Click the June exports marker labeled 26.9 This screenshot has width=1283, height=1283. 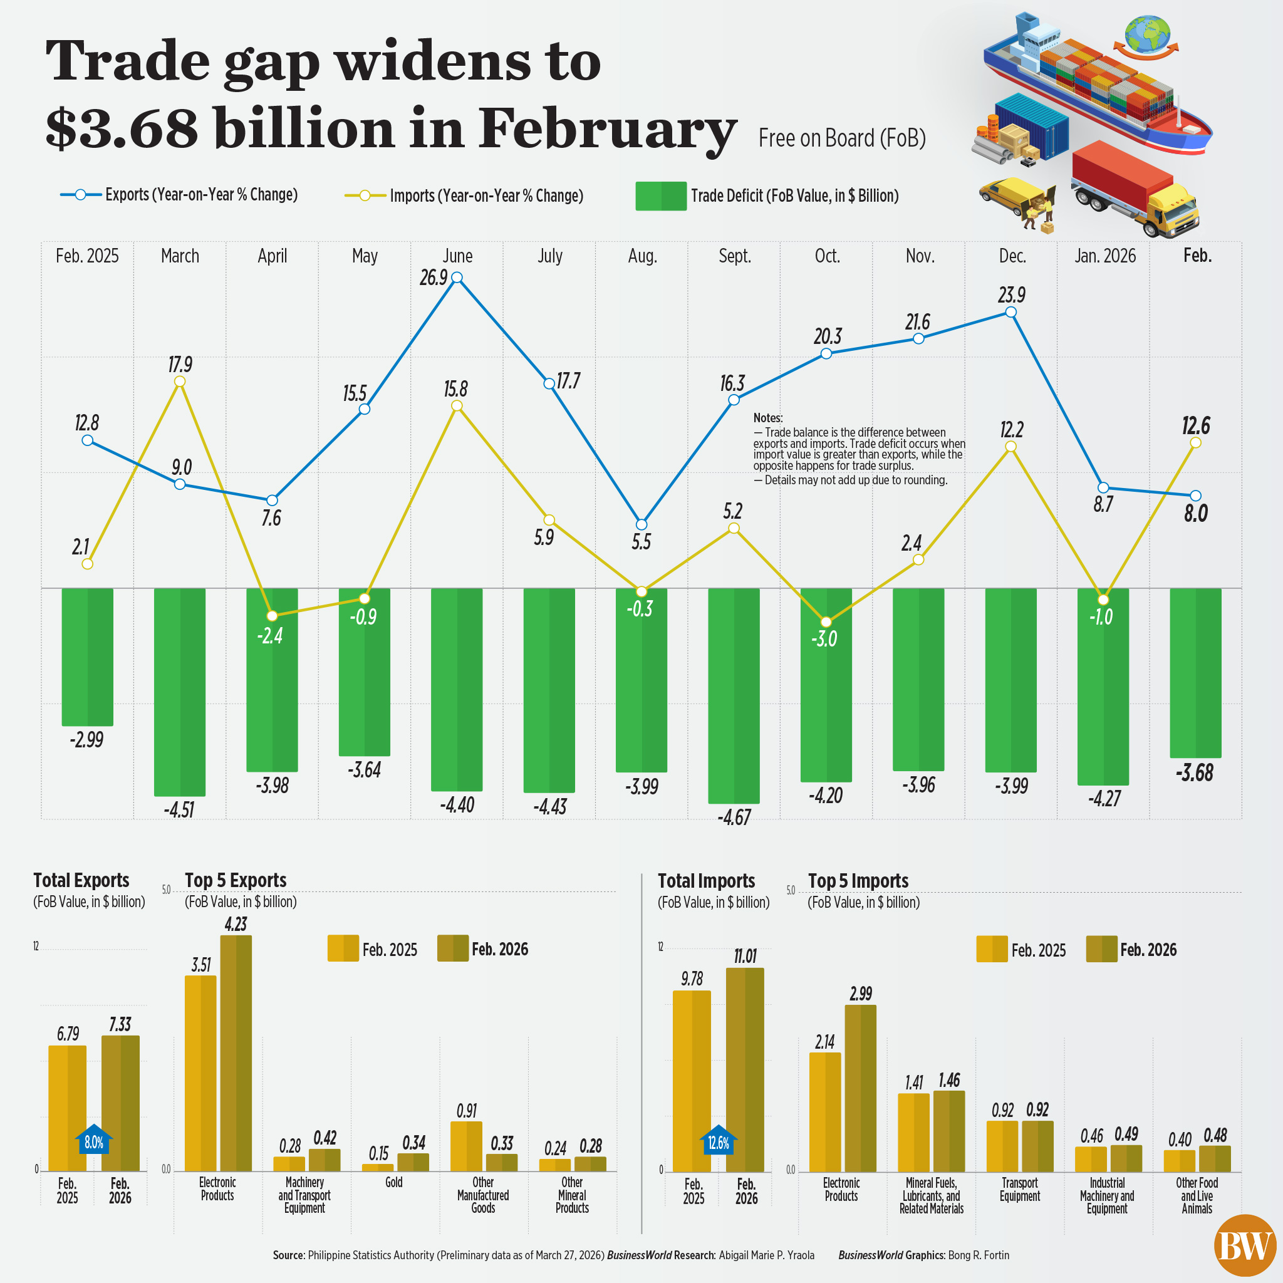tap(457, 278)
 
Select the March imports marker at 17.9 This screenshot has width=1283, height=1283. tap(179, 381)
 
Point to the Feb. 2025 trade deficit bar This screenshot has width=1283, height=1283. tap(87, 657)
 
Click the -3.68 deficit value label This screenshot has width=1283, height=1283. tap(1195, 773)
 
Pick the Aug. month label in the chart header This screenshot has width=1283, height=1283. tap(642, 256)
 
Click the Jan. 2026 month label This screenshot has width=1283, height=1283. tap(1105, 256)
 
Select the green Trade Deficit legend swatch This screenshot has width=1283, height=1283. tap(660, 196)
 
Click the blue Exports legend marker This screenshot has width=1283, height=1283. tap(80, 195)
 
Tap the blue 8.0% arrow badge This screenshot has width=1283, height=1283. tap(93, 1141)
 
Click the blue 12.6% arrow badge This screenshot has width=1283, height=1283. tap(719, 1141)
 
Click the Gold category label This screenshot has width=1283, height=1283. tap(394, 1182)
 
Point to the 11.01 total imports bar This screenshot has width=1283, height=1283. tap(745, 1069)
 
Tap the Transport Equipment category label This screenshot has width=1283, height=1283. tap(1019, 1190)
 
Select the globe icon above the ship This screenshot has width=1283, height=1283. tap(1147, 33)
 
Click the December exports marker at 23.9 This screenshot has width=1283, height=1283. tap(1010, 312)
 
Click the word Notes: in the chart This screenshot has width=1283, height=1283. tap(767, 418)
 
